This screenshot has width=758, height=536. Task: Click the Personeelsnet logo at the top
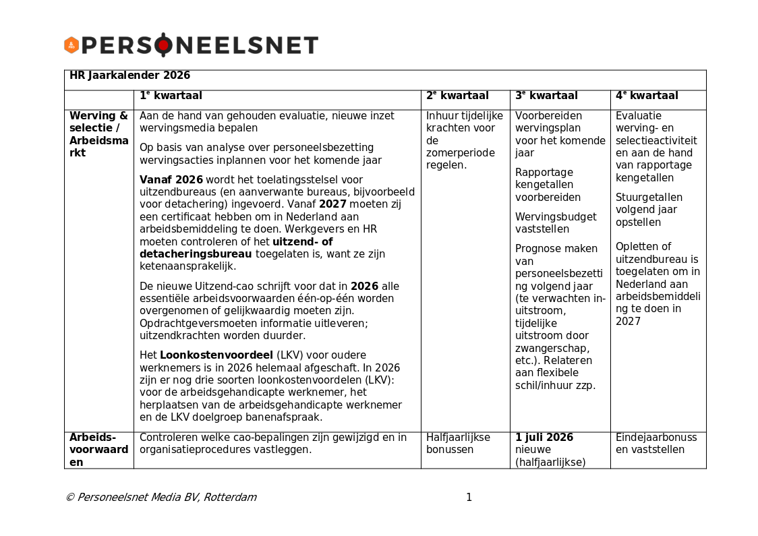(x=191, y=45)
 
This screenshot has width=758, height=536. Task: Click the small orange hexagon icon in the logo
(x=71, y=45)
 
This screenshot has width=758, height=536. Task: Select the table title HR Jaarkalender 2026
(x=129, y=76)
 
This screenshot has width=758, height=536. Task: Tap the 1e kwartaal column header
(x=171, y=96)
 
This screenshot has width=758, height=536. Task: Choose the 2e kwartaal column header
(x=457, y=96)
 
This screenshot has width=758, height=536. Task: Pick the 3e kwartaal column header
(x=546, y=96)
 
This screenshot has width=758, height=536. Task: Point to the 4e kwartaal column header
(x=647, y=96)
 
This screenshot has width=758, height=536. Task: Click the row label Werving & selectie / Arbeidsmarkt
(x=98, y=134)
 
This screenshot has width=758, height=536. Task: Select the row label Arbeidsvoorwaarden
(x=98, y=450)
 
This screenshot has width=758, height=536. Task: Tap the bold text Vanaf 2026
(x=171, y=180)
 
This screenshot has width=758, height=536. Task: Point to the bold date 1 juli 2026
(x=544, y=438)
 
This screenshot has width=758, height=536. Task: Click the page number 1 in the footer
(x=469, y=498)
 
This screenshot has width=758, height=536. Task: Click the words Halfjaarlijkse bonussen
(x=458, y=444)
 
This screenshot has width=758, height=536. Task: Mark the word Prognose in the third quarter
(x=537, y=249)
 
